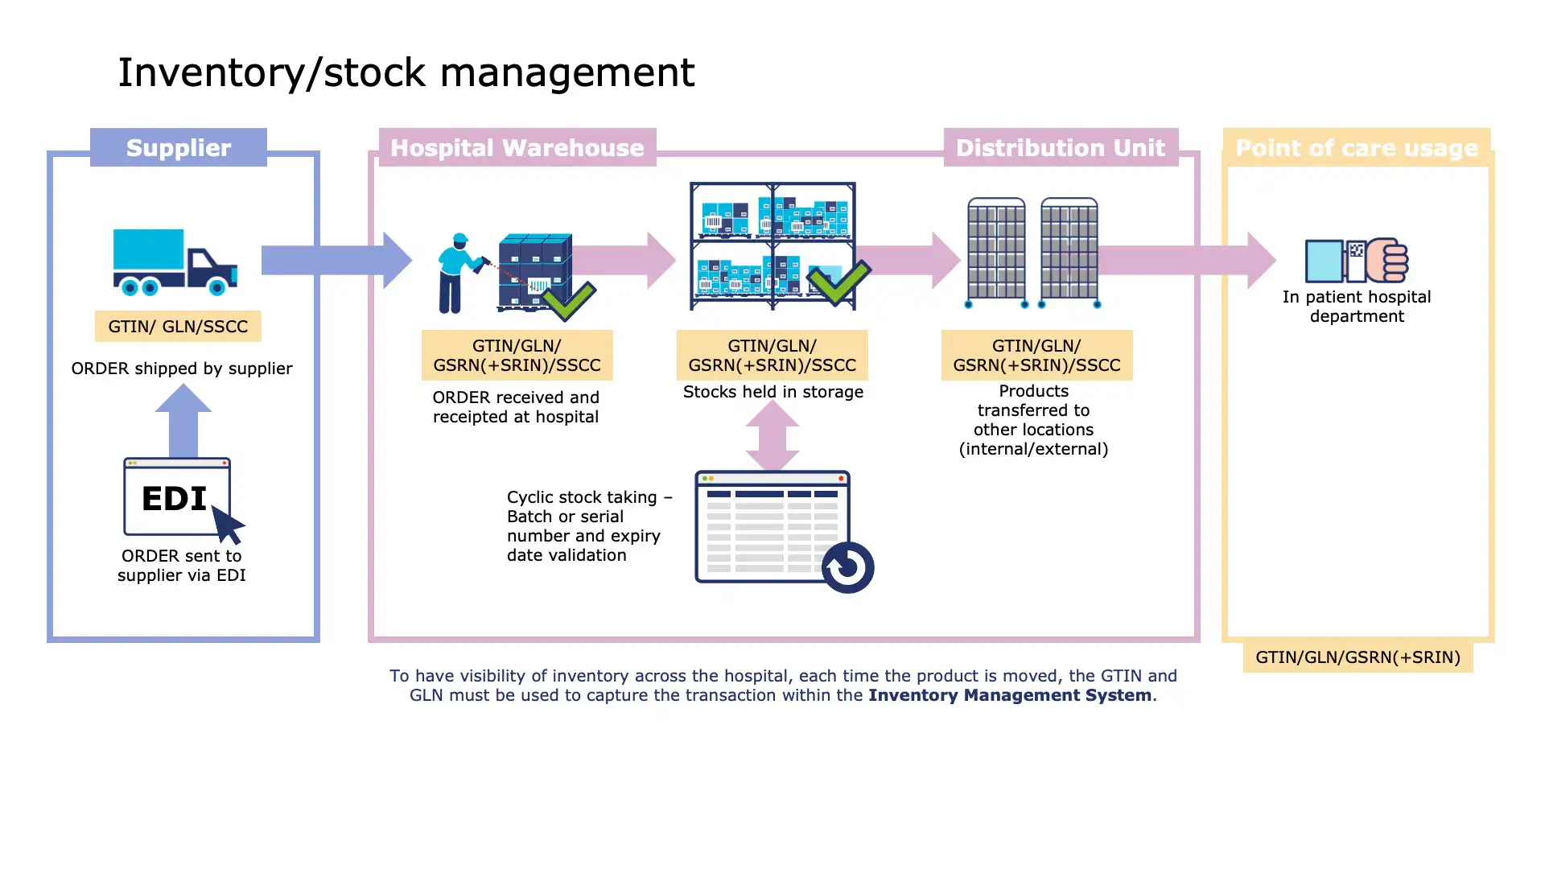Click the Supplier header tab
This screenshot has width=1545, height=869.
click(x=178, y=148)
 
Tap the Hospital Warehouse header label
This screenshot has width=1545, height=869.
click(x=517, y=148)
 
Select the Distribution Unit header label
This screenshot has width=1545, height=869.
click(x=1060, y=148)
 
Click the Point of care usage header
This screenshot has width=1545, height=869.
click(x=1356, y=148)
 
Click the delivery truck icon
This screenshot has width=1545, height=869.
click(x=175, y=262)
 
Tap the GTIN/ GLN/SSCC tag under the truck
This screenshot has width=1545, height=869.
click(x=178, y=327)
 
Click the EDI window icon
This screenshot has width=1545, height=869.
click(x=177, y=497)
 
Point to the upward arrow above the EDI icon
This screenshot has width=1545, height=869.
click(x=183, y=420)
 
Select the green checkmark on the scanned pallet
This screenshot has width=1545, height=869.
click(x=570, y=299)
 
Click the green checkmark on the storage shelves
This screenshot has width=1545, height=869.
click(x=838, y=282)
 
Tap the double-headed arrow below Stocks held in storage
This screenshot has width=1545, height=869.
click(x=772, y=435)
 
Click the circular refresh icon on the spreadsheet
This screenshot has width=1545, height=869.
click(x=847, y=567)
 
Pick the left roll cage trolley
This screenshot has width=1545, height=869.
click(x=996, y=251)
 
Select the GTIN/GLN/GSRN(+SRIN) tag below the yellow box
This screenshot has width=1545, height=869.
click(x=1358, y=657)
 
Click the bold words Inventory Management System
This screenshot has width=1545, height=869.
click(x=1009, y=695)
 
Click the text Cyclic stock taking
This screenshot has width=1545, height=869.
click(x=582, y=497)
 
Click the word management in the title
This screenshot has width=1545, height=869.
click(x=566, y=73)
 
